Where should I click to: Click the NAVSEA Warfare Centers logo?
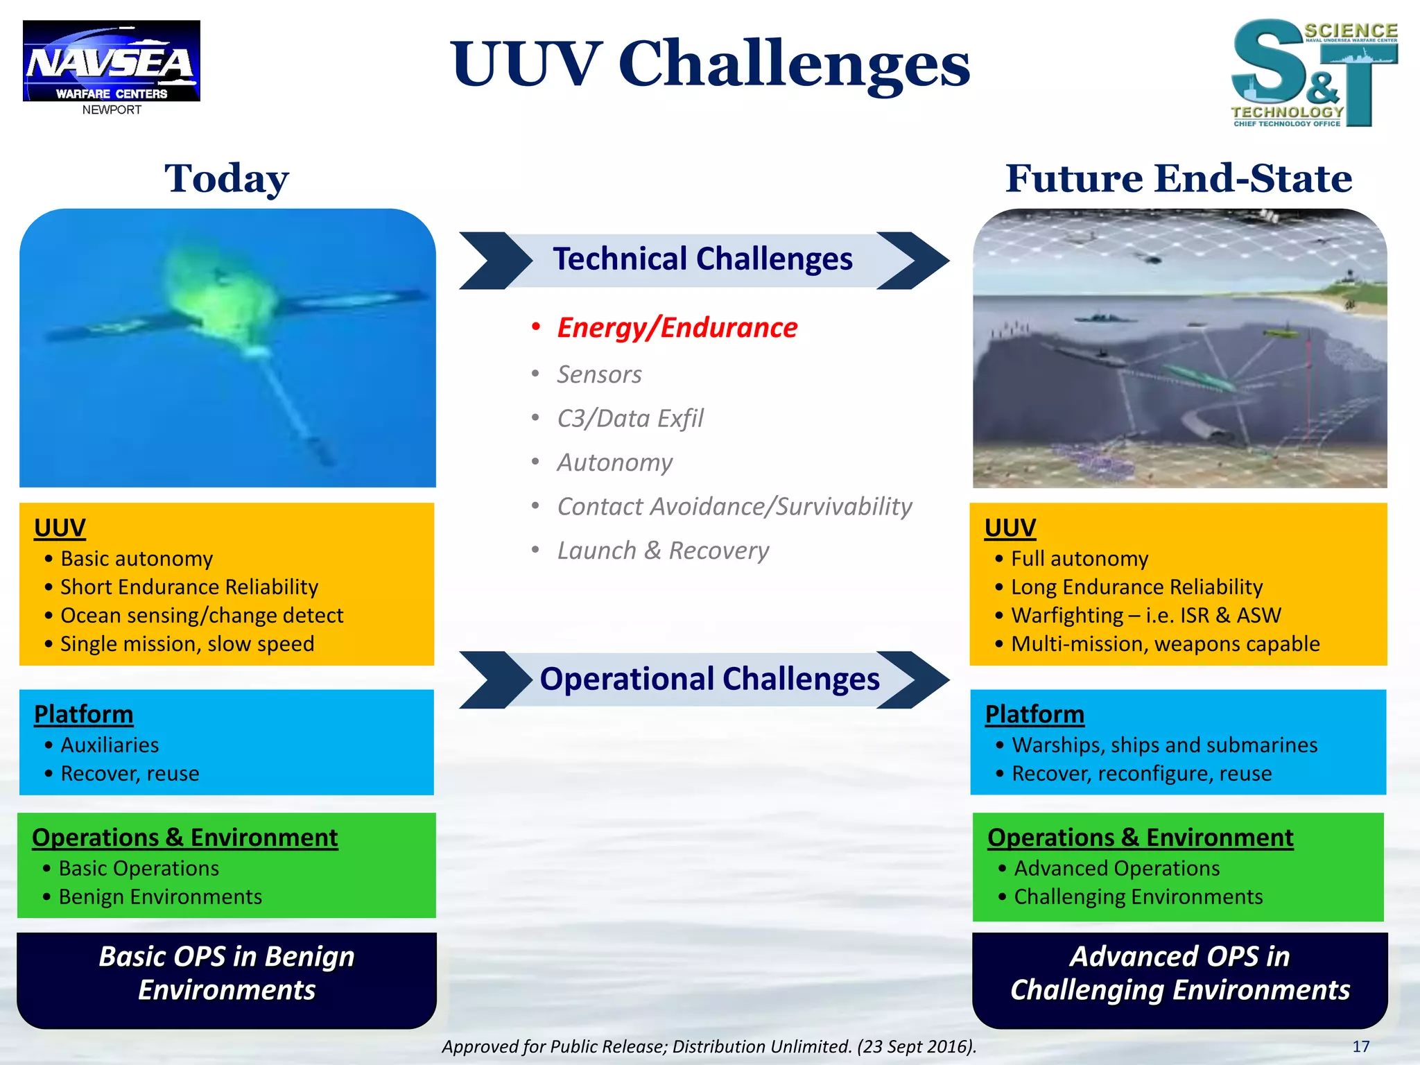pos(111,62)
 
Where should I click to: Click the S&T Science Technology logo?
pos(1314,73)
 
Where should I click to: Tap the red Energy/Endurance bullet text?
pos(677,327)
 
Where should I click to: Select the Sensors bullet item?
pos(599,374)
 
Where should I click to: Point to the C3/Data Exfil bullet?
pos(630,418)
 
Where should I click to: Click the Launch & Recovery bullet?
pos(663,551)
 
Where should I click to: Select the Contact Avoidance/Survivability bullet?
pos(734,506)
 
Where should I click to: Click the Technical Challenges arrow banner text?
pos(702,259)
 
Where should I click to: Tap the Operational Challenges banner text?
pos(709,679)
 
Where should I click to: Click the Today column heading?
pos(227,179)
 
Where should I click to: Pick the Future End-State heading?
pos(1179,179)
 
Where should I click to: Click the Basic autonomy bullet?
pos(137,559)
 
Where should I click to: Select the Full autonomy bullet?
pos(1080,559)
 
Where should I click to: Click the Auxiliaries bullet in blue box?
pos(110,745)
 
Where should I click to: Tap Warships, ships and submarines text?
pos(1164,745)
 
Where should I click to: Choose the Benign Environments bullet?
pos(160,897)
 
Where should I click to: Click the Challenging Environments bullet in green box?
pos(1138,897)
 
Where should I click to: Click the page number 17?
pos(1360,1046)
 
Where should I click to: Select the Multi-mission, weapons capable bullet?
pos(1165,644)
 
